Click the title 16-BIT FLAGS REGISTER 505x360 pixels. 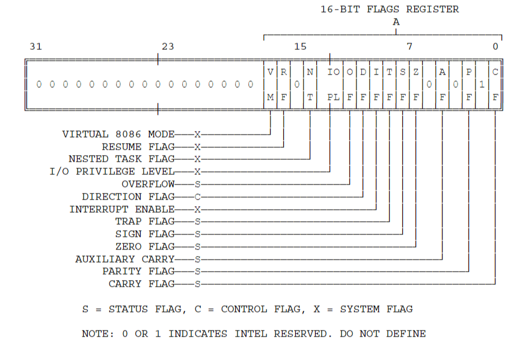pyautogui.click(x=390, y=9)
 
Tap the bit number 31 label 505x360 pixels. pyautogui.click(x=35, y=46)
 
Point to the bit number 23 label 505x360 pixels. pyautogui.click(x=168, y=46)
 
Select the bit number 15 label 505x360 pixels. pyautogui.click(x=300, y=46)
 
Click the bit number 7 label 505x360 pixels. pyautogui.click(x=409, y=46)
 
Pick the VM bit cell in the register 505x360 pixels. pyautogui.click(x=270, y=84)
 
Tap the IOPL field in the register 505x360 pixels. pyautogui.click(x=334, y=84)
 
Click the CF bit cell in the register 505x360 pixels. pyautogui.click(x=495, y=84)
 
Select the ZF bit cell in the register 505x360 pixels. pyautogui.click(x=415, y=84)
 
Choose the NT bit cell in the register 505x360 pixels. pyautogui.click(x=310, y=84)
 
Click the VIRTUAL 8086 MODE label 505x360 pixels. pyautogui.click(x=118, y=134)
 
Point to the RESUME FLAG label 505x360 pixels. pyautogui.click(x=138, y=147)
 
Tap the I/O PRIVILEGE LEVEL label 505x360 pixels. pyautogui.click(x=112, y=171)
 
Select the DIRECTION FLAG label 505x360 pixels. pyautogui.click(x=129, y=197)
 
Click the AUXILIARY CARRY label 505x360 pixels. pyautogui.click(x=125, y=259)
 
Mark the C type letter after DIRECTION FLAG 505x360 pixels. pyautogui.click(x=197, y=197)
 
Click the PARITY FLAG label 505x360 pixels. pyautogui.click(x=138, y=272)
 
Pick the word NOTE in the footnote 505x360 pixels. pyautogui.click(x=94, y=334)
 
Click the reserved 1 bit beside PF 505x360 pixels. pyautogui.click(x=482, y=85)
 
